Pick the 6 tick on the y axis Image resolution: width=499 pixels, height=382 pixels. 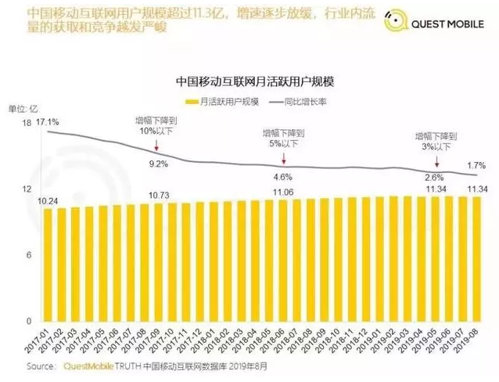click(x=28, y=256)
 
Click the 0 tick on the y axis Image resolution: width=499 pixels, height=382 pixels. click(x=28, y=322)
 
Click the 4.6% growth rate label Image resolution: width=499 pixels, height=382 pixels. click(x=282, y=177)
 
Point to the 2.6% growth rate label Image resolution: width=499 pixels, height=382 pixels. click(x=434, y=177)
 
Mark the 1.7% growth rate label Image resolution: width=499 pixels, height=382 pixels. click(x=476, y=165)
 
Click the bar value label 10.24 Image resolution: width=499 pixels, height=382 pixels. click(x=48, y=200)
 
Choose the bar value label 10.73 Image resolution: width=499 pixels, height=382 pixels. click(x=159, y=195)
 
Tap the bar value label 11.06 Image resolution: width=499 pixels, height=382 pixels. click(x=282, y=193)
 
